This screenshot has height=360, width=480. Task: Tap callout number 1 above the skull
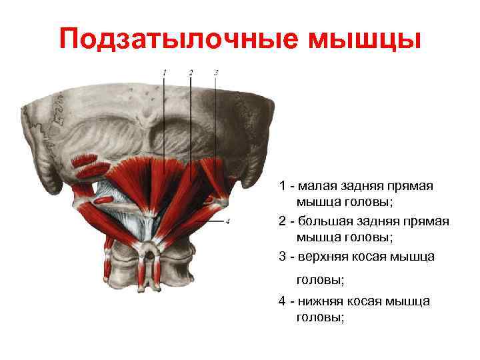coord(164,71)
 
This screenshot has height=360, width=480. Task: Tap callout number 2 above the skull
coord(191,71)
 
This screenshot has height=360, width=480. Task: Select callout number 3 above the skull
coord(216,71)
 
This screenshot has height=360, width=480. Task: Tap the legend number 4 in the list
coord(283,301)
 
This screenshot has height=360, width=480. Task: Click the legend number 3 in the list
coord(283,256)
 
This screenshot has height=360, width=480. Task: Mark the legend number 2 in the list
coord(283,221)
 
